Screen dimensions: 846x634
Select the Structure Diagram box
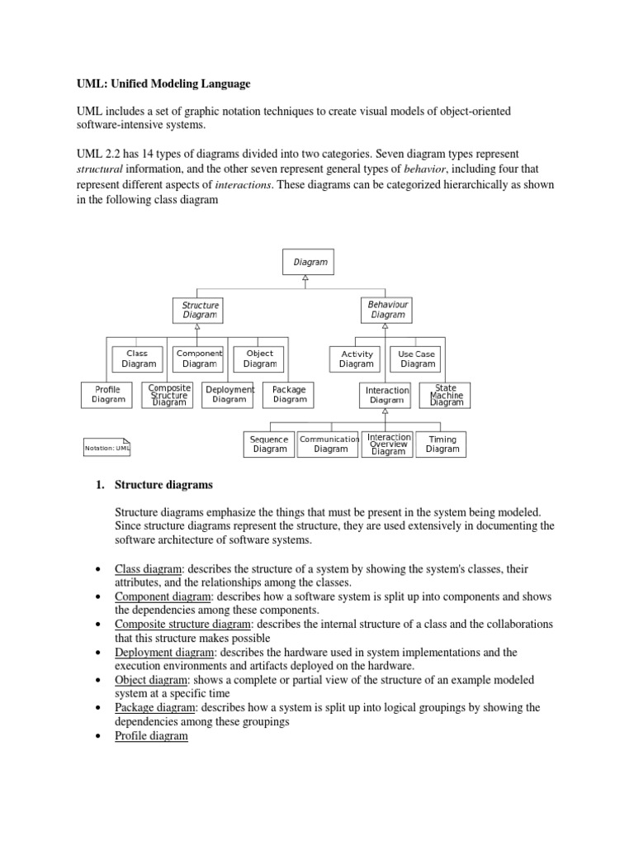[x=200, y=310]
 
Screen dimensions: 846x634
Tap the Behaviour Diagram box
[x=388, y=310]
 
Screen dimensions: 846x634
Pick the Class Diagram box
[x=138, y=358]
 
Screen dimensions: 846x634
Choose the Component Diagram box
[x=199, y=358]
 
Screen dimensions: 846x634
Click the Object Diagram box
[x=260, y=358]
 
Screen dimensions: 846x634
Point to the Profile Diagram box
[x=108, y=394]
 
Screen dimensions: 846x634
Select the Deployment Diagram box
[x=229, y=394]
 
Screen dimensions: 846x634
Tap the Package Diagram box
[x=290, y=394]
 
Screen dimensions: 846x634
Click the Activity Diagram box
[x=357, y=359]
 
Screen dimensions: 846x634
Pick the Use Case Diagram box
[x=417, y=359]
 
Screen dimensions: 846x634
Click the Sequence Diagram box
[x=270, y=444]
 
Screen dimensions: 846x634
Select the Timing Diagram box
[x=442, y=444]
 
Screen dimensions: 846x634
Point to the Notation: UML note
[x=107, y=448]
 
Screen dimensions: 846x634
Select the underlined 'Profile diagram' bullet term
[x=152, y=736]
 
